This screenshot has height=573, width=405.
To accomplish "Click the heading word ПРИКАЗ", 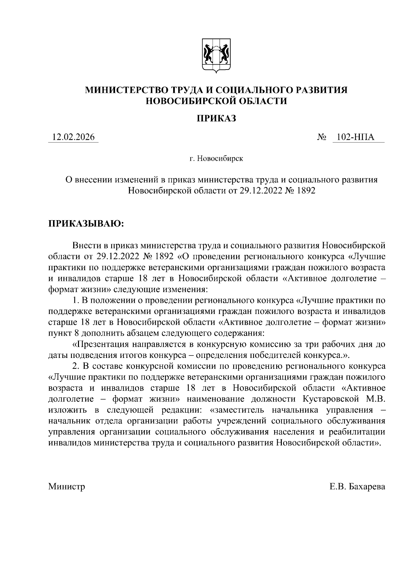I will coord(216,118).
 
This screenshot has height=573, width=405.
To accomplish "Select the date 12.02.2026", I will coord(73,137).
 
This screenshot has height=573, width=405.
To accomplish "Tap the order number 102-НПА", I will coord(358,137).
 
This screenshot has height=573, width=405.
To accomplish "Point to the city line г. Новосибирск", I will coord(216,158).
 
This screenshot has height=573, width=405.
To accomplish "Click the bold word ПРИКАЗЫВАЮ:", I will coord(86,224).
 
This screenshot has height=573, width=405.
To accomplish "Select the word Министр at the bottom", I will coord(66,487).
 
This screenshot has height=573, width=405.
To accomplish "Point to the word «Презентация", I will coord(100,344).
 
